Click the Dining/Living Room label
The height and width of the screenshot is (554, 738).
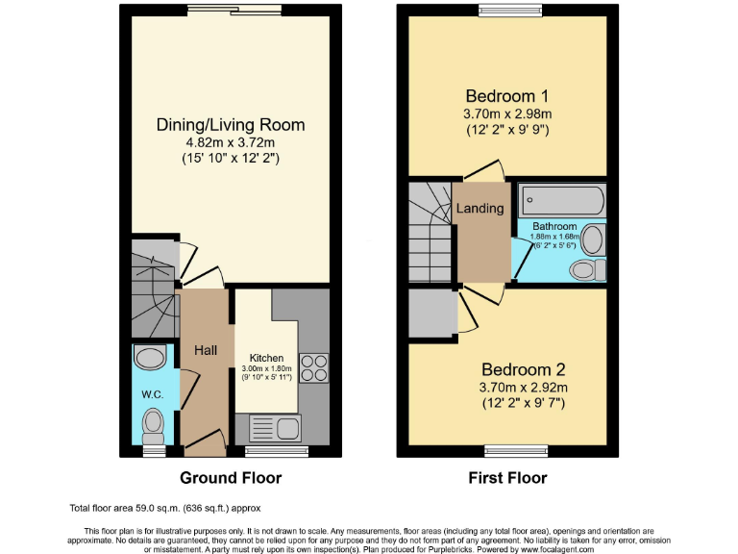coord(231,124)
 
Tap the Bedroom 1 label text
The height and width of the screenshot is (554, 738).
coord(506,96)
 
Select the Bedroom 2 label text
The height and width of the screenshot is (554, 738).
coord(523,369)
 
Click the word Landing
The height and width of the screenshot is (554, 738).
coord(480,208)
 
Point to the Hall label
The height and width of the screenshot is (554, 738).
coord(206,351)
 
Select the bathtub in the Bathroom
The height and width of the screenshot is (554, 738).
coord(562,202)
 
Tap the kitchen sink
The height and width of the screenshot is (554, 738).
coord(275,427)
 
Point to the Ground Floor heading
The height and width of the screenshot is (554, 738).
coord(231,477)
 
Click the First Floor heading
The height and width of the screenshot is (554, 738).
coord(507,477)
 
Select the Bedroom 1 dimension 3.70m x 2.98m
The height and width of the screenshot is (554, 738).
coord(506,113)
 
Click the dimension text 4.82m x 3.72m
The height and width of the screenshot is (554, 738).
coord(231,141)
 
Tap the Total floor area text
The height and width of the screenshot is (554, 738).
coord(164,508)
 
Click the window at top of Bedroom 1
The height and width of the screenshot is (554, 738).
coord(509,11)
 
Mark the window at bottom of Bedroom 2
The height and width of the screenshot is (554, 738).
coord(509,449)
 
